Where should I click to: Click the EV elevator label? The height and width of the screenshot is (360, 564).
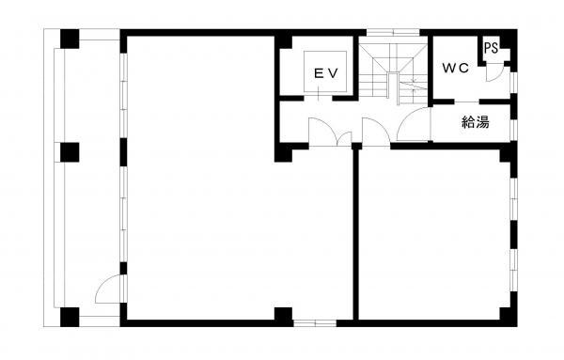(x=326, y=73)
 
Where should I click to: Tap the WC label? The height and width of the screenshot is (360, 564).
(x=455, y=68)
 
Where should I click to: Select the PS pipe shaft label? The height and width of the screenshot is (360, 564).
(x=491, y=48)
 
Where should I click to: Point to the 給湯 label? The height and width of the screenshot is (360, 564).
(x=475, y=122)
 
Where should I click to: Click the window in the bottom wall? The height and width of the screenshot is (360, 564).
(x=315, y=323)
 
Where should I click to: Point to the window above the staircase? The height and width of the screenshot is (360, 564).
(x=393, y=33)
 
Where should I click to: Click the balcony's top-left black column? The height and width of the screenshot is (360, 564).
(x=70, y=39)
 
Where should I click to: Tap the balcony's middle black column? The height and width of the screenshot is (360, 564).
(x=70, y=152)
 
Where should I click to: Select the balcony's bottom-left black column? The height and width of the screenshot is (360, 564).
(x=70, y=317)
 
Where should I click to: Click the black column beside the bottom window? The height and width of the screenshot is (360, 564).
(x=284, y=317)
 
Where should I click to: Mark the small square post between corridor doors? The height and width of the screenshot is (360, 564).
(x=356, y=146)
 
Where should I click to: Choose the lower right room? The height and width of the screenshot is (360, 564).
(x=434, y=234)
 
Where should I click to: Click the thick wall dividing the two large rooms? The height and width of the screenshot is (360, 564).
(x=355, y=234)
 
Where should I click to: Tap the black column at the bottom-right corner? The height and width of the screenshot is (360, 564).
(x=509, y=317)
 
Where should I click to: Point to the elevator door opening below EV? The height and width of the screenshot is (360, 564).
(x=318, y=98)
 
